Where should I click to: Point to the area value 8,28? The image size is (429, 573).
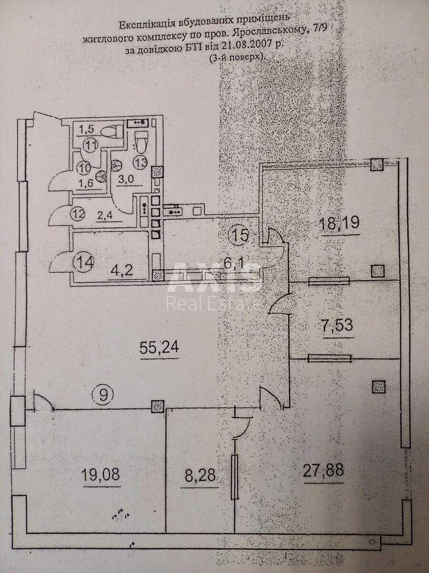[200, 476]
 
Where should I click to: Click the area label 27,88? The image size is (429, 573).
[323, 471]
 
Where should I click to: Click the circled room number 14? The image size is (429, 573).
[84, 262]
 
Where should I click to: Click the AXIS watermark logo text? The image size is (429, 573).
[213, 278]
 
